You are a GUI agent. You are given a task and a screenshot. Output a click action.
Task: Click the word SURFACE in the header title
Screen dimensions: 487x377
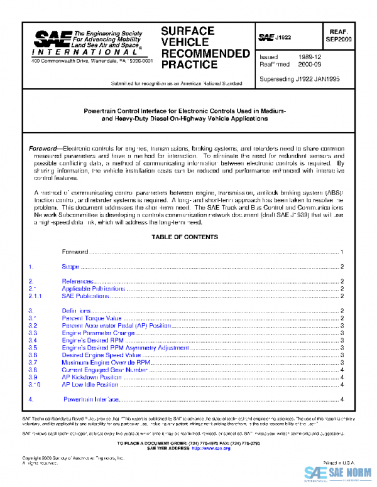[187, 31]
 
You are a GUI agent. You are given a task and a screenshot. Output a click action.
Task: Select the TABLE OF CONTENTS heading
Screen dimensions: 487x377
[185, 237]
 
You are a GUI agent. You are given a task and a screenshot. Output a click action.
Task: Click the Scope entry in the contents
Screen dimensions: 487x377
[70, 267]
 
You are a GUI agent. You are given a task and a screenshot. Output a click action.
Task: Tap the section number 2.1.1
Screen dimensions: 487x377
[36, 296]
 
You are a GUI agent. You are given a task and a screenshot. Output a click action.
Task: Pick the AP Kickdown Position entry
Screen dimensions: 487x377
[92, 377]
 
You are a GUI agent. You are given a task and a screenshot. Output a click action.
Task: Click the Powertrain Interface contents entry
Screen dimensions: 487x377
[90, 399]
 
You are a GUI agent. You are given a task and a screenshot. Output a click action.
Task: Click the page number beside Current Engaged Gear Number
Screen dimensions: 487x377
[341, 370]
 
